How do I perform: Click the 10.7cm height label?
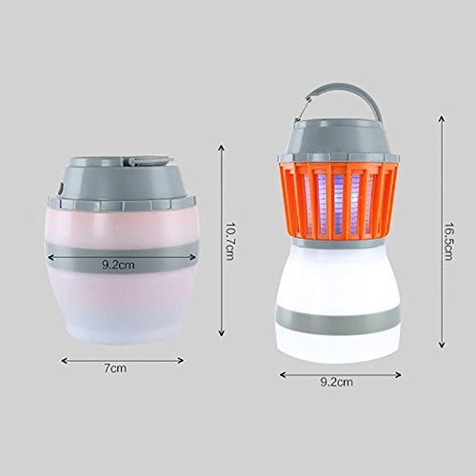(229, 241)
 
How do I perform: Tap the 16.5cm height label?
(447, 241)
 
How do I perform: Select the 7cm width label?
(115, 368)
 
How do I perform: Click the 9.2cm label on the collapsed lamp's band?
(118, 265)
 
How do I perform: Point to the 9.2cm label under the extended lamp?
(337, 382)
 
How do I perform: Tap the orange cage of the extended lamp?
(339, 201)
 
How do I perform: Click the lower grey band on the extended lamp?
(338, 316)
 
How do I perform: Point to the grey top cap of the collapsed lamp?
(122, 183)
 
